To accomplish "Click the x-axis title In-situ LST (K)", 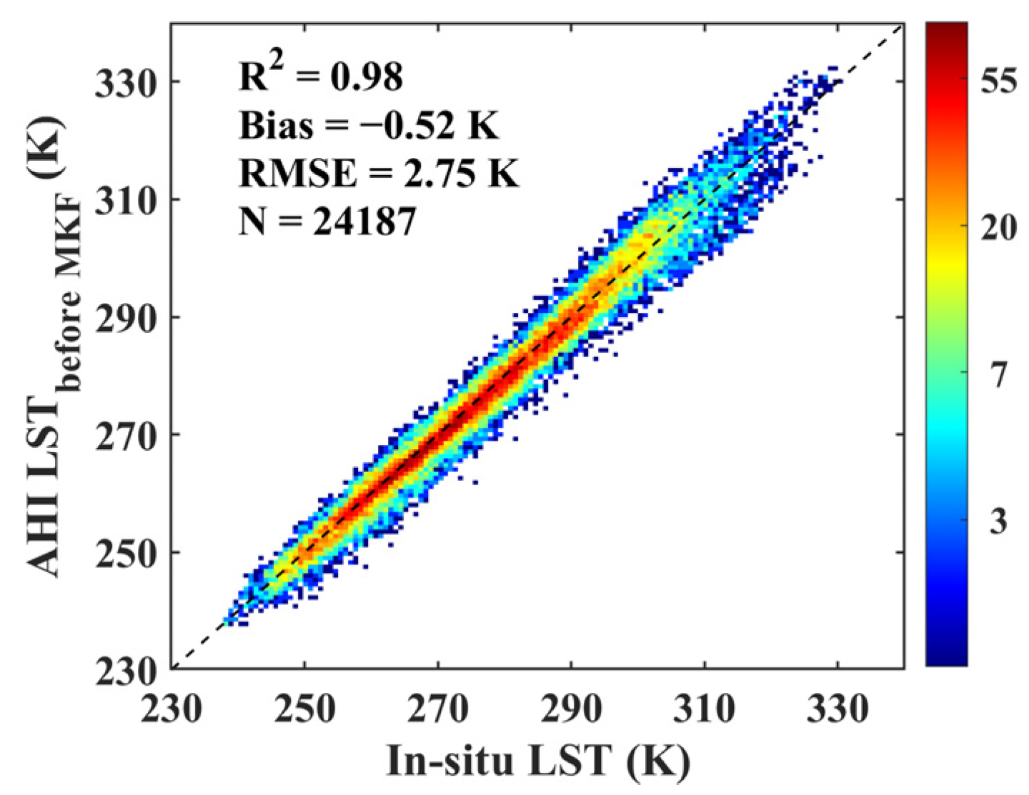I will pyautogui.click(x=538, y=759).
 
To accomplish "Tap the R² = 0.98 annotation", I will pyautogui.click(x=321, y=76).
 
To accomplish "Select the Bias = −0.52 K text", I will pyautogui.click(x=368, y=125).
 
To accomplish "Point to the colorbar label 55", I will pyautogui.click(x=998, y=81).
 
